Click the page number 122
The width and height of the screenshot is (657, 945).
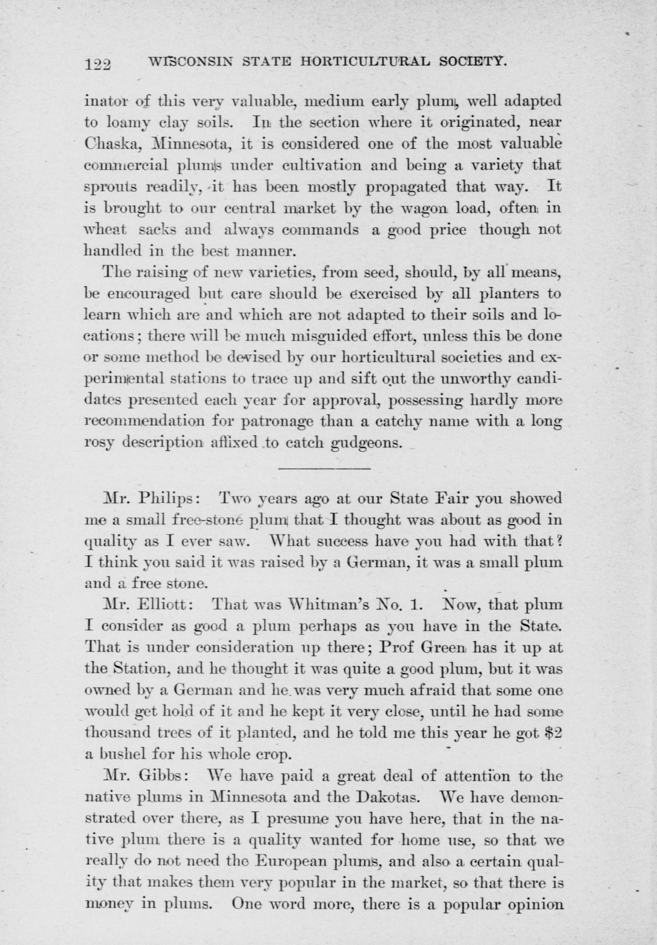coord(98,64)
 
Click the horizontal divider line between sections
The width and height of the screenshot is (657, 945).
coord(325,468)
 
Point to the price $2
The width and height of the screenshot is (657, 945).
coord(552,733)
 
